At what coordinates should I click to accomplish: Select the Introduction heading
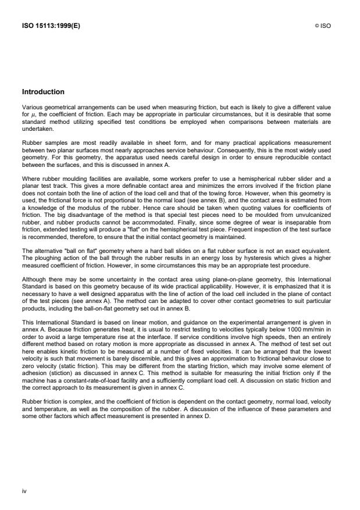pyautogui.click(x=42, y=92)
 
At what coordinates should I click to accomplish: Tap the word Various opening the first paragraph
pyautogui.click(x=32, y=105)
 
